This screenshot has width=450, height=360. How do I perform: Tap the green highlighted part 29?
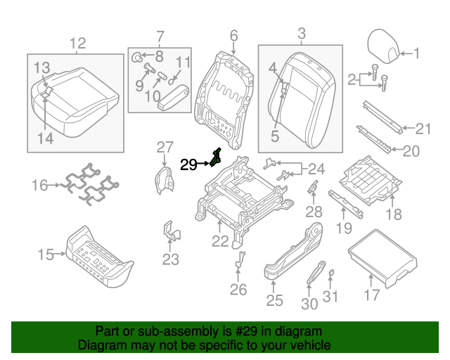click(x=216, y=159)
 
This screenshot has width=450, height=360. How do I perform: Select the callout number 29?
click(x=189, y=165)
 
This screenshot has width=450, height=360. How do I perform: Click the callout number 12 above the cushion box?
click(x=77, y=42)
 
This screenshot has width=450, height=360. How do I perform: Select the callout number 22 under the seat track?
click(x=221, y=241)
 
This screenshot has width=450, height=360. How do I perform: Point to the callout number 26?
click(x=238, y=289)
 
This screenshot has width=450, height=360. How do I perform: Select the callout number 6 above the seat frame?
click(x=233, y=35)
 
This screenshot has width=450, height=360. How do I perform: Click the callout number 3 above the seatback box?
click(x=302, y=33)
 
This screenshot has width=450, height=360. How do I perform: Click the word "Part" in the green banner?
click(x=107, y=331)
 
